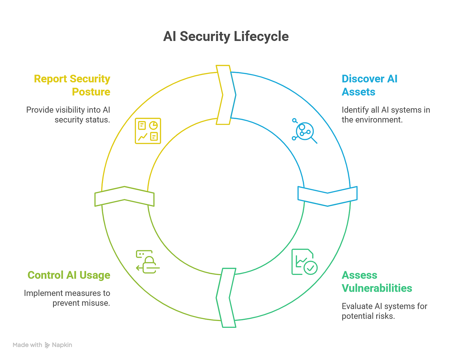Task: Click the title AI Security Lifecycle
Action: click(226, 36)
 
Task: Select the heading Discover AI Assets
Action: click(369, 85)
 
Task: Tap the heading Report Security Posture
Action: click(72, 85)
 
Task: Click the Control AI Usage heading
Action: click(69, 275)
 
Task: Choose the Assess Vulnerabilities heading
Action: click(377, 282)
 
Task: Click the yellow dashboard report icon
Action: click(148, 131)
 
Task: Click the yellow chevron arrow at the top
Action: click(226, 95)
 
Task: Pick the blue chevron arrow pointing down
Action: click(327, 196)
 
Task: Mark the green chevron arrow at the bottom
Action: click(226, 298)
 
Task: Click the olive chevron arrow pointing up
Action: click(124, 196)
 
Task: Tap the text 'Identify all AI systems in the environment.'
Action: click(385, 115)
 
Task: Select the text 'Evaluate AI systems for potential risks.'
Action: click(384, 311)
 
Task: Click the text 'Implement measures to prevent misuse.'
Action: click(67, 298)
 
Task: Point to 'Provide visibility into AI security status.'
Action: click(68, 115)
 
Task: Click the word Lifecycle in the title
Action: click(261, 36)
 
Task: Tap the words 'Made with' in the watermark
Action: click(27, 345)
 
